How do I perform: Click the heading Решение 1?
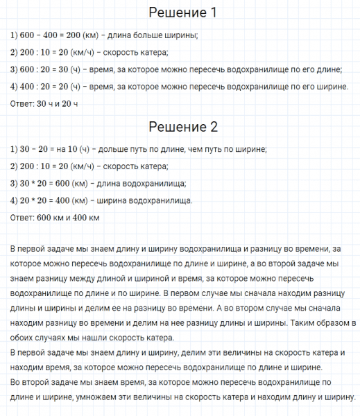pos(183,13)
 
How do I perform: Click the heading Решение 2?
pos(183,127)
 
